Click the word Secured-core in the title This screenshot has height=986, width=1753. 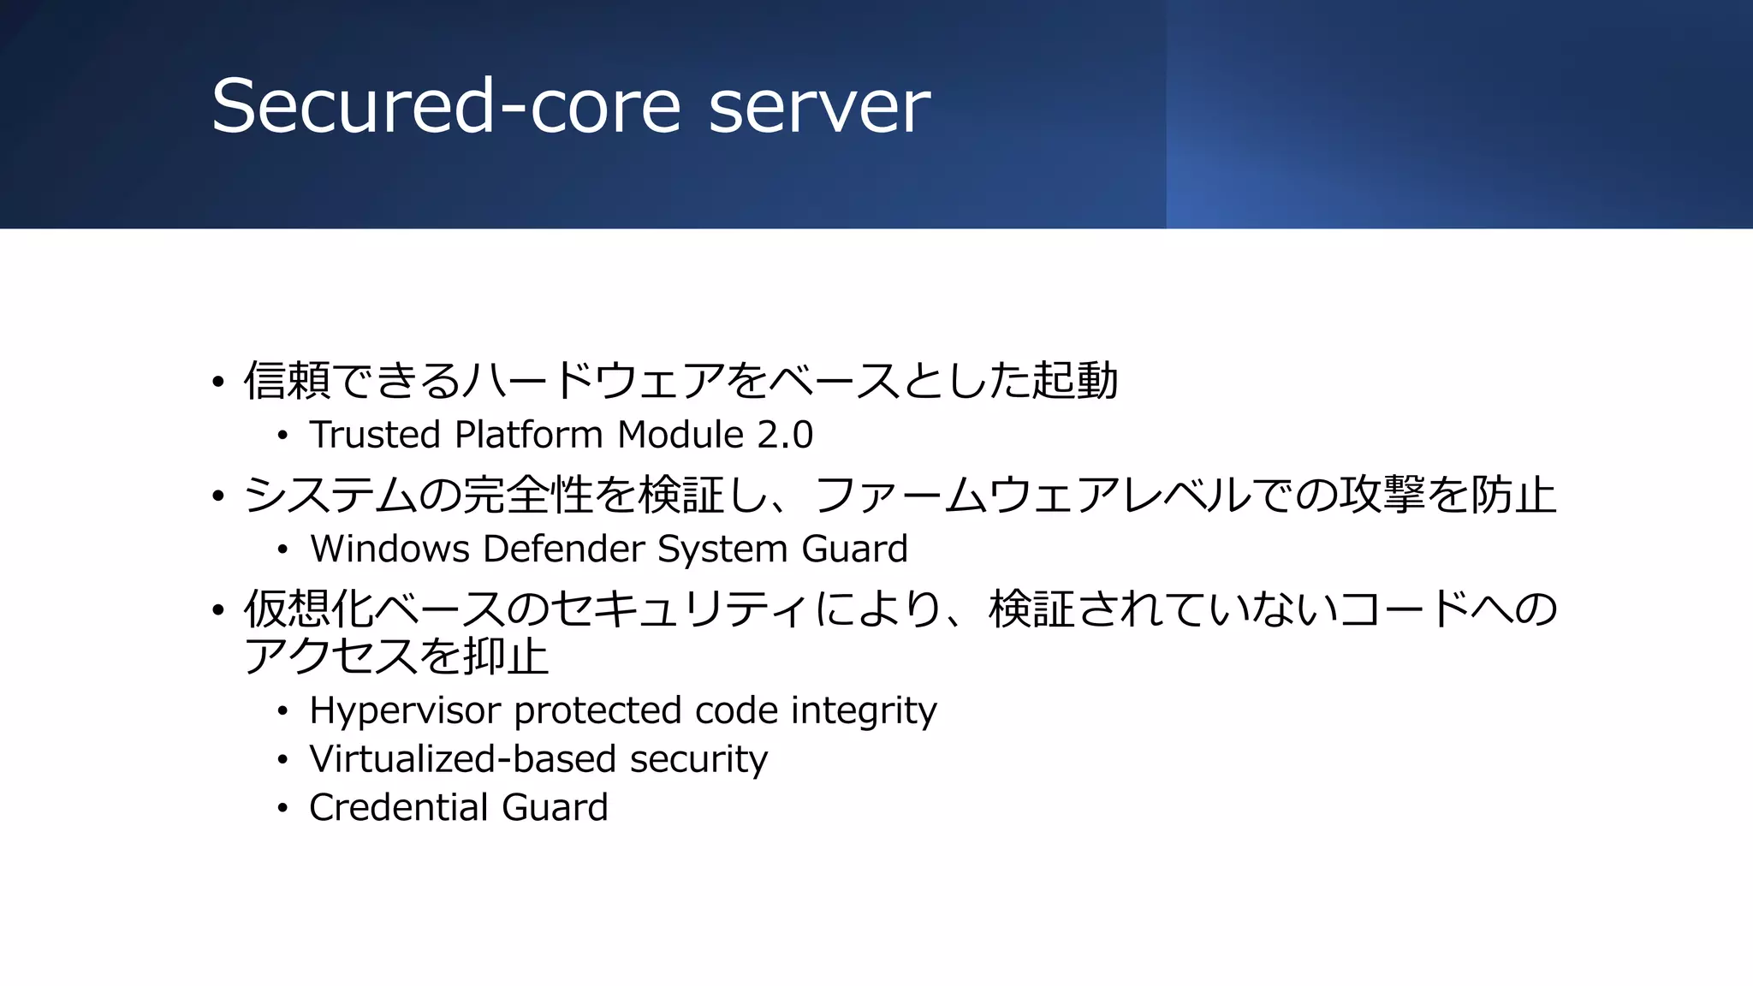pos(445,106)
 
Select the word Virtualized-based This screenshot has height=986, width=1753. pos(462,759)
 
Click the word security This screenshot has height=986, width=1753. pos(698,759)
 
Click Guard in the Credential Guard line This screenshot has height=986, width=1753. pos(555,808)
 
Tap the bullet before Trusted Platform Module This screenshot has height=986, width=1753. pos(282,436)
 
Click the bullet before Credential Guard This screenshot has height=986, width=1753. pos(282,808)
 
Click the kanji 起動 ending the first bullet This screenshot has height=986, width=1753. pos(1074,381)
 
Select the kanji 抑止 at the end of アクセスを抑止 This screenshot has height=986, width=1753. pos(505,657)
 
